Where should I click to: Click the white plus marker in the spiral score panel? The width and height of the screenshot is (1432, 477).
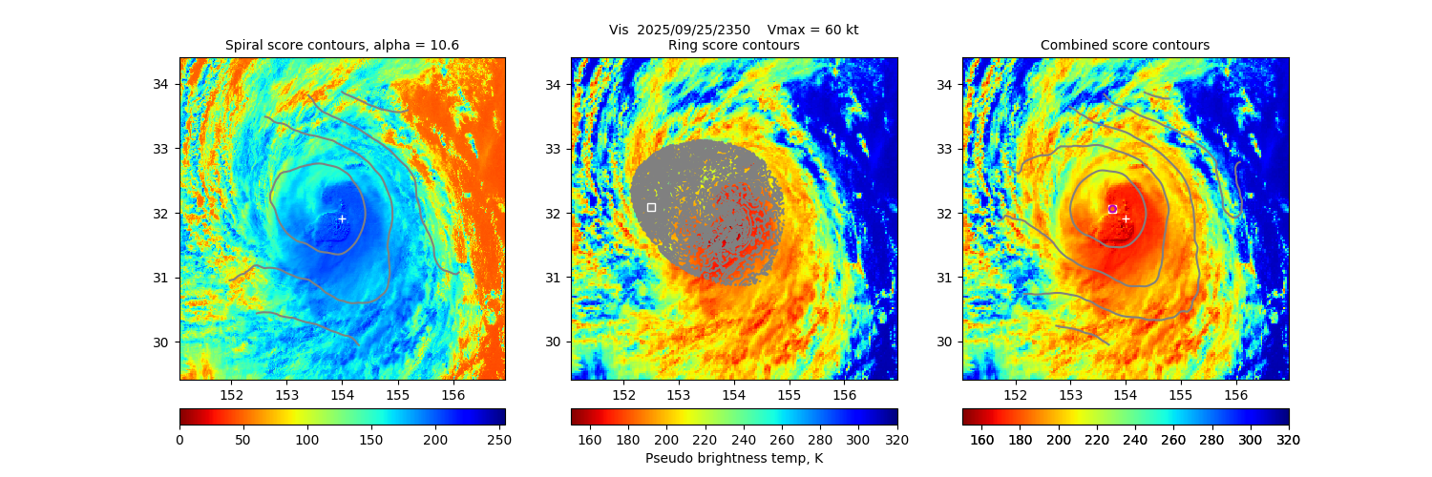tap(342, 218)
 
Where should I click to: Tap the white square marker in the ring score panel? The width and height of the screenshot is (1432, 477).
tap(651, 207)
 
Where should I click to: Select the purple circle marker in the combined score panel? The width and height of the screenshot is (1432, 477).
tap(1112, 208)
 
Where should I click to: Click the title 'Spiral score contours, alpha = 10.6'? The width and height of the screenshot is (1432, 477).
tap(342, 46)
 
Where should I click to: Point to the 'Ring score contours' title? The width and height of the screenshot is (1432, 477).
tap(733, 46)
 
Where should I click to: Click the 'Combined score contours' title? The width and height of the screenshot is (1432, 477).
tap(1125, 46)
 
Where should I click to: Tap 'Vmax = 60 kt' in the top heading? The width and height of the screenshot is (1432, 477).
tap(812, 30)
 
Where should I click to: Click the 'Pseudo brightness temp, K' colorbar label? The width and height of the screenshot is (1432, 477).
tap(733, 459)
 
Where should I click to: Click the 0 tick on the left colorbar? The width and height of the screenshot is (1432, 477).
tap(179, 439)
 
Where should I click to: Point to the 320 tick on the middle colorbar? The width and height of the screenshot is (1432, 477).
tap(897, 439)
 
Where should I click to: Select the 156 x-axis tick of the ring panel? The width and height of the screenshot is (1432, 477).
tap(844, 395)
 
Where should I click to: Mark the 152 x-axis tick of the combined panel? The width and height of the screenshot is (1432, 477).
tap(1015, 395)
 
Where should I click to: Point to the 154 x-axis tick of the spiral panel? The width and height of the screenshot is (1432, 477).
tap(342, 395)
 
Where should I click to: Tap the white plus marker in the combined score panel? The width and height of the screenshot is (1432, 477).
tap(1126, 218)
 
